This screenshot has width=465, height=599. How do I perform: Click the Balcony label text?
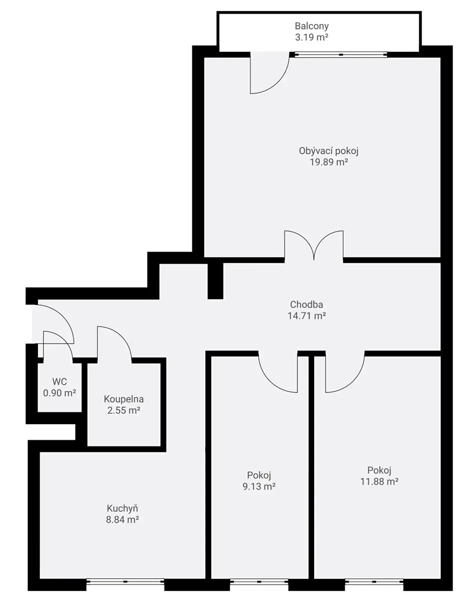312,26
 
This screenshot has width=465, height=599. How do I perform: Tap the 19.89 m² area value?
329,162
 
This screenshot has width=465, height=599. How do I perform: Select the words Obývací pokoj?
329,151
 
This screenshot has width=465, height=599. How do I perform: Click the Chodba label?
306,304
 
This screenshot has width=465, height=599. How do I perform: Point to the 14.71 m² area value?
307,315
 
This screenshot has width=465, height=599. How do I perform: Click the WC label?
59,382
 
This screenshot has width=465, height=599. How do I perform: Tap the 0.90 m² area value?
59,393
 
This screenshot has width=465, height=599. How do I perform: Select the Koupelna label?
123,399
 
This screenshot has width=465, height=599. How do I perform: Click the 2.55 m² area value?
123,410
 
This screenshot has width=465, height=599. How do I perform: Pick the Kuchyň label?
122,508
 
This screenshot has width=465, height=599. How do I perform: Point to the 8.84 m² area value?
122,520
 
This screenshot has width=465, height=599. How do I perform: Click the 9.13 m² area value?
259,486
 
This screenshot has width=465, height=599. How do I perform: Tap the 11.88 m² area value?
379,482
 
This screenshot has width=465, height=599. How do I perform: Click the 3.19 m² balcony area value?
312,37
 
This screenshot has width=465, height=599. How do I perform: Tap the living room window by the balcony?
341,54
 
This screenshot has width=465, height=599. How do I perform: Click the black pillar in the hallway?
215,281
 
